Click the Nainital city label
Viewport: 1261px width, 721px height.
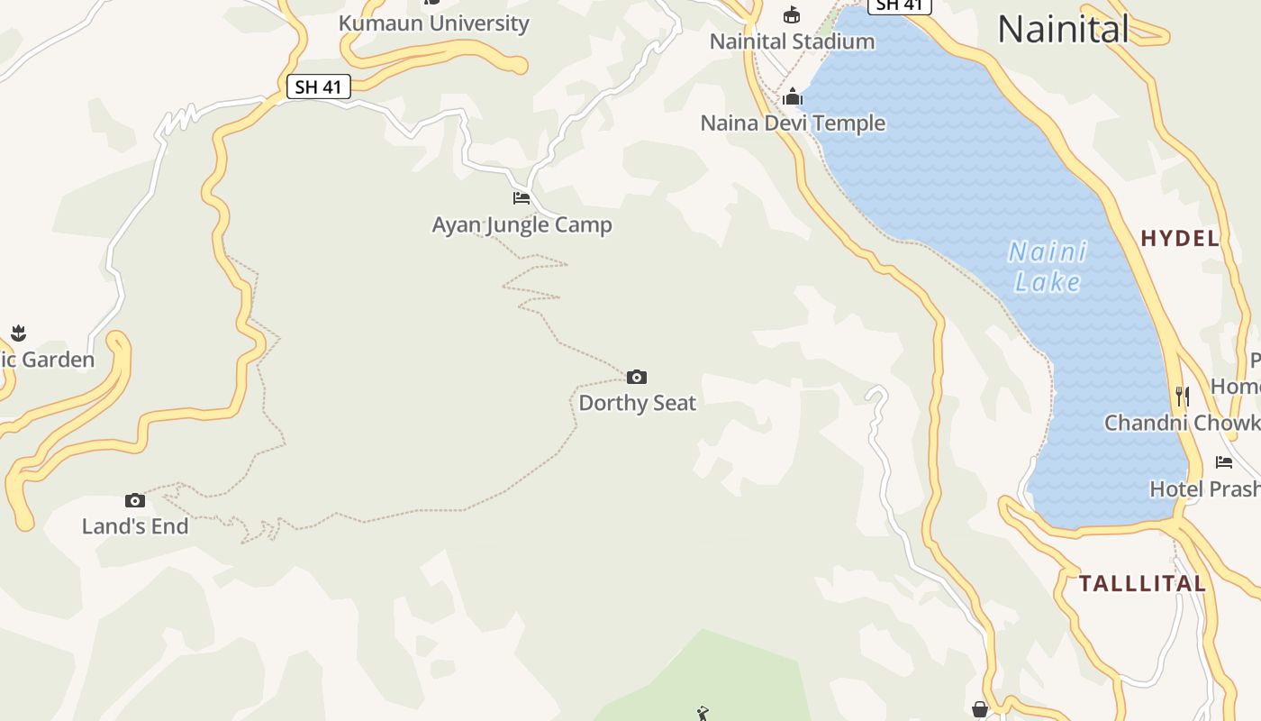click(1063, 30)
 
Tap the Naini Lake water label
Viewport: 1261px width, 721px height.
click(1048, 267)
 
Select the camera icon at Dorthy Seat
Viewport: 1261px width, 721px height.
click(637, 377)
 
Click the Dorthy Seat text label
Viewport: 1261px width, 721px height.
click(637, 403)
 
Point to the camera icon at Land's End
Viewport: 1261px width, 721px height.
click(134, 500)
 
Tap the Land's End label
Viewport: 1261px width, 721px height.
click(135, 526)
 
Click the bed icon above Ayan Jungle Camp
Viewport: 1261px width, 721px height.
click(522, 197)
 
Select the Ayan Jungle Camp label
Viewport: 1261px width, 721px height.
click(522, 224)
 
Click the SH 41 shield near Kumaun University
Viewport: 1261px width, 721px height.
click(319, 87)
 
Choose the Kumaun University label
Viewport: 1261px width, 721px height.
click(433, 23)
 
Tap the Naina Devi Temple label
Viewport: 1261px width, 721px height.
click(793, 123)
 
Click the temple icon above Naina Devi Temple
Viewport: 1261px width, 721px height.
click(793, 96)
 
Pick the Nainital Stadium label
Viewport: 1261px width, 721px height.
click(792, 41)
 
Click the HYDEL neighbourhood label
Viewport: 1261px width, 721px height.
click(1180, 239)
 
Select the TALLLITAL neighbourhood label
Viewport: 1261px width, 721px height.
click(1142, 583)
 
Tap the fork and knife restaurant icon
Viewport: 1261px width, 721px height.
click(1183, 396)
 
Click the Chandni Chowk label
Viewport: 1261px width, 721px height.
click(1182, 423)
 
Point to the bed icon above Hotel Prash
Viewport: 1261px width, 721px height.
click(1224, 462)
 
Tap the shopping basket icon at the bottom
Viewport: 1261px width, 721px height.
click(980, 710)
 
